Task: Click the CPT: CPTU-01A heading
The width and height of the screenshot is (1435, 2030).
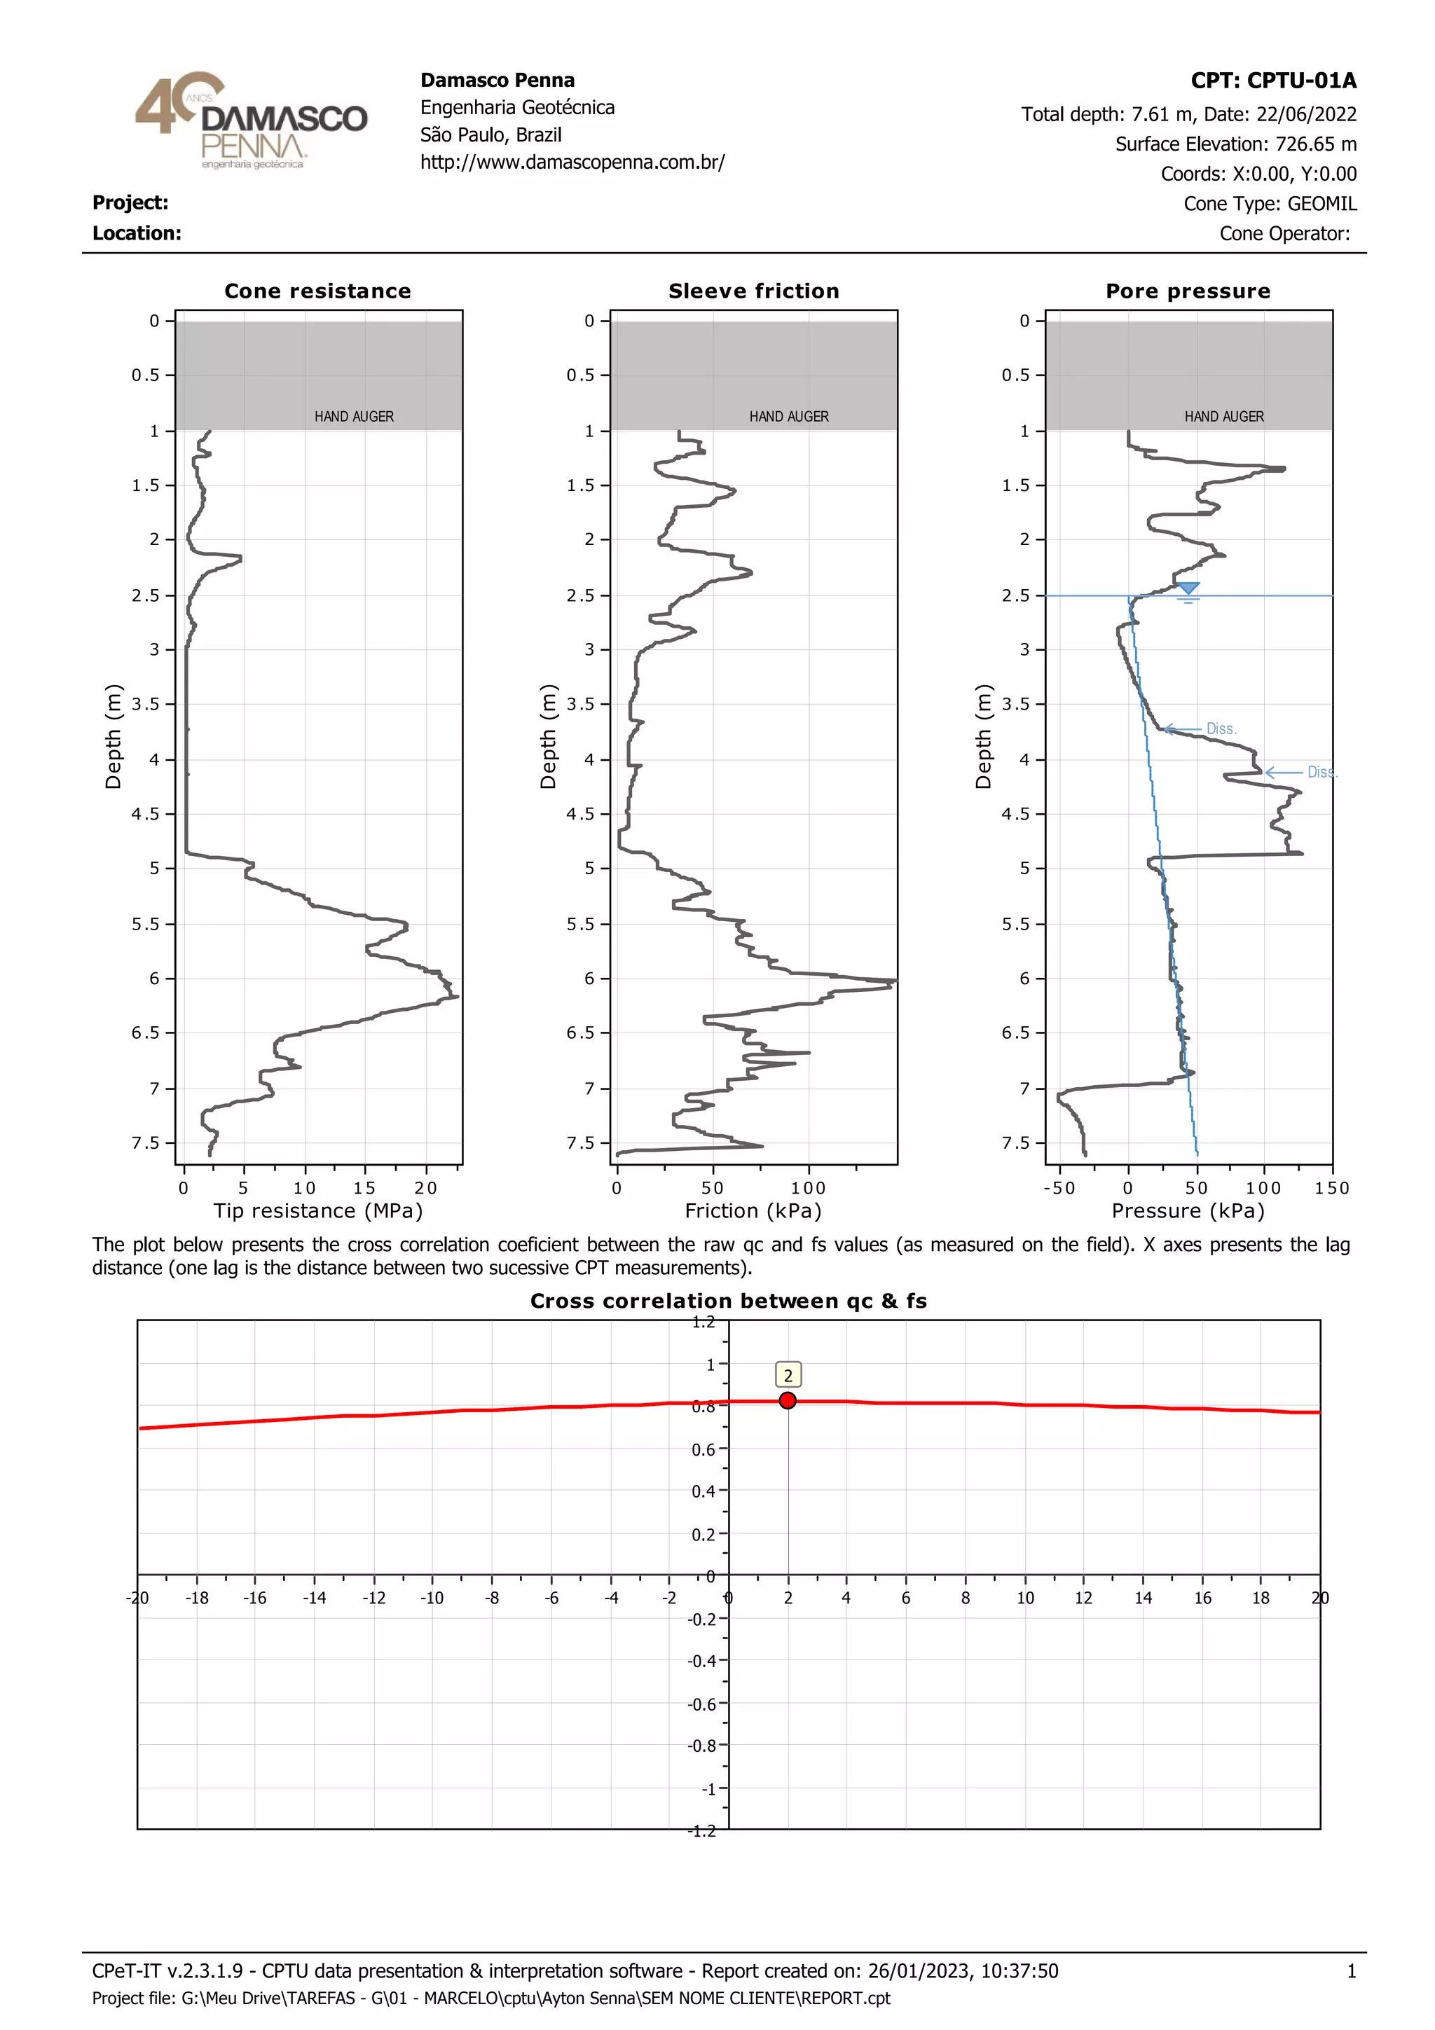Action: coord(1272,81)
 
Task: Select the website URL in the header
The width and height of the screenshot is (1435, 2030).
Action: coord(572,163)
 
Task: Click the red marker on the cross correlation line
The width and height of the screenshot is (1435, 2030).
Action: coord(788,1400)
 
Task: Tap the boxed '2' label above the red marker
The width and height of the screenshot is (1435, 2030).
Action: coord(788,1375)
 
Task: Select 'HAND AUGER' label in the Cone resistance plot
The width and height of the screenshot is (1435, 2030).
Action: coord(354,416)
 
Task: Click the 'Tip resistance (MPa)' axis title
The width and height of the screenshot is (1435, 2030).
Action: coord(317,1210)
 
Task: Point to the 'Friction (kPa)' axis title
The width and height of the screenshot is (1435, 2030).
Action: coord(753,1210)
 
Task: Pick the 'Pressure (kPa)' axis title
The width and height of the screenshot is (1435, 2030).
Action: coord(1188,1210)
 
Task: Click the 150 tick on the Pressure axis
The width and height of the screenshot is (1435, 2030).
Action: coord(1331,1188)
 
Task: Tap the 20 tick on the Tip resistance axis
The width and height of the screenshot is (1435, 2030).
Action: coord(425,1188)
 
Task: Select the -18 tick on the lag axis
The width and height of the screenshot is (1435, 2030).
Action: coord(196,1598)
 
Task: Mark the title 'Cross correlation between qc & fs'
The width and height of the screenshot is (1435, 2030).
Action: coord(729,1301)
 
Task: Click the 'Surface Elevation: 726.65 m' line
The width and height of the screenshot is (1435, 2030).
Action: coord(1235,144)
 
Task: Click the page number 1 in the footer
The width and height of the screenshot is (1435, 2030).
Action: coord(1351,1970)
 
